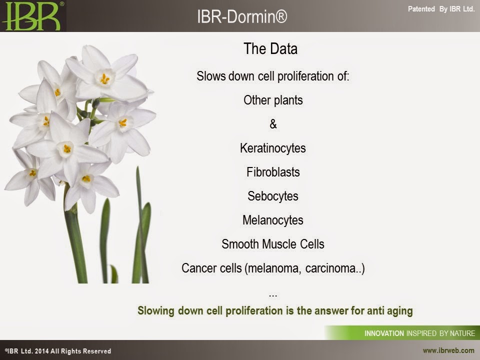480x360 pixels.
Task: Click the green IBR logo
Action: (x=32, y=16)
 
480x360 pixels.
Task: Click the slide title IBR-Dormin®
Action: (x=242, y=16)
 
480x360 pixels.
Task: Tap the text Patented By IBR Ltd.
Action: (x=441, y=9)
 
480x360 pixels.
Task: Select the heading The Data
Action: (x=270, y=48)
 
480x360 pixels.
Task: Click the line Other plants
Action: (x=273, y=100)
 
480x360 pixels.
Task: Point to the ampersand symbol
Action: (x=273, y=124)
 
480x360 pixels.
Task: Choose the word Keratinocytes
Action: (x=273, y=148)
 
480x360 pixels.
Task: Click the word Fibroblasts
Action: (x=273, y=172)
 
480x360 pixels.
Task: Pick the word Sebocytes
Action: (x=273, y=196)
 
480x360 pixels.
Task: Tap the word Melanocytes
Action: (x=273, y=220)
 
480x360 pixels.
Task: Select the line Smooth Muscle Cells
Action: (x=273, y=244)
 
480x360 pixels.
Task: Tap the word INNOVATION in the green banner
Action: (x=384, y=333)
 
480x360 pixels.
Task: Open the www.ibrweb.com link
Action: (x=448, y=350)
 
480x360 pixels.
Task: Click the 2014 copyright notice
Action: (x=58, y=351)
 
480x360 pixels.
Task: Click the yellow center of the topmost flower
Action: (x=105, y=79)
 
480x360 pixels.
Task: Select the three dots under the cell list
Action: (x=273, y=296)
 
